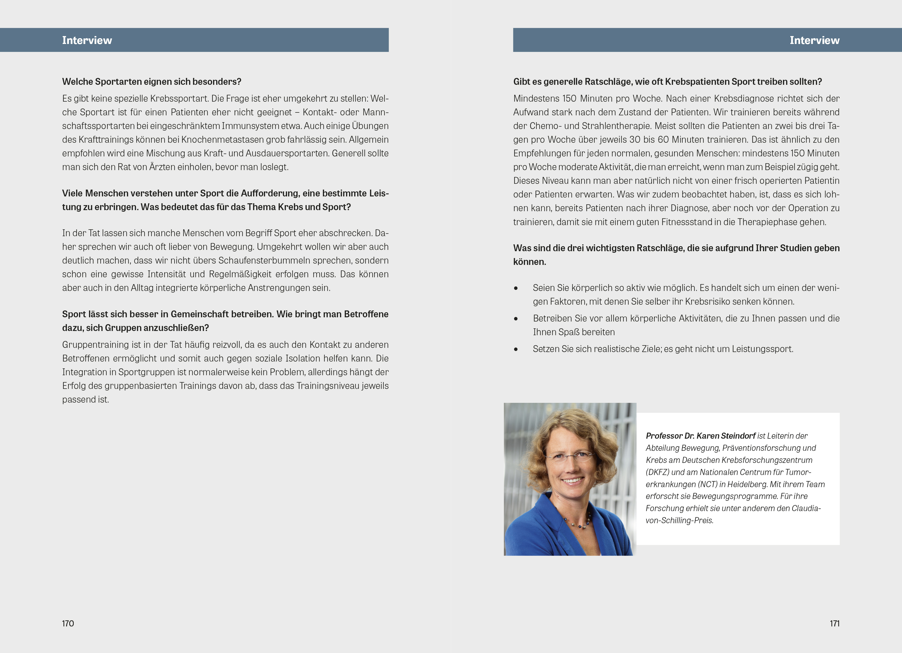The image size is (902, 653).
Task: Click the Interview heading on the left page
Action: pos(87,40)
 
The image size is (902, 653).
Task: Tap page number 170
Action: pos(68,623)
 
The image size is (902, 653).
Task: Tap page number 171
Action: pos(834,623)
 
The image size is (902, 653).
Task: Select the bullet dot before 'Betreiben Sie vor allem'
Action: pos(516,319)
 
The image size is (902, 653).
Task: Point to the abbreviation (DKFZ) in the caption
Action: pos(657,472)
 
